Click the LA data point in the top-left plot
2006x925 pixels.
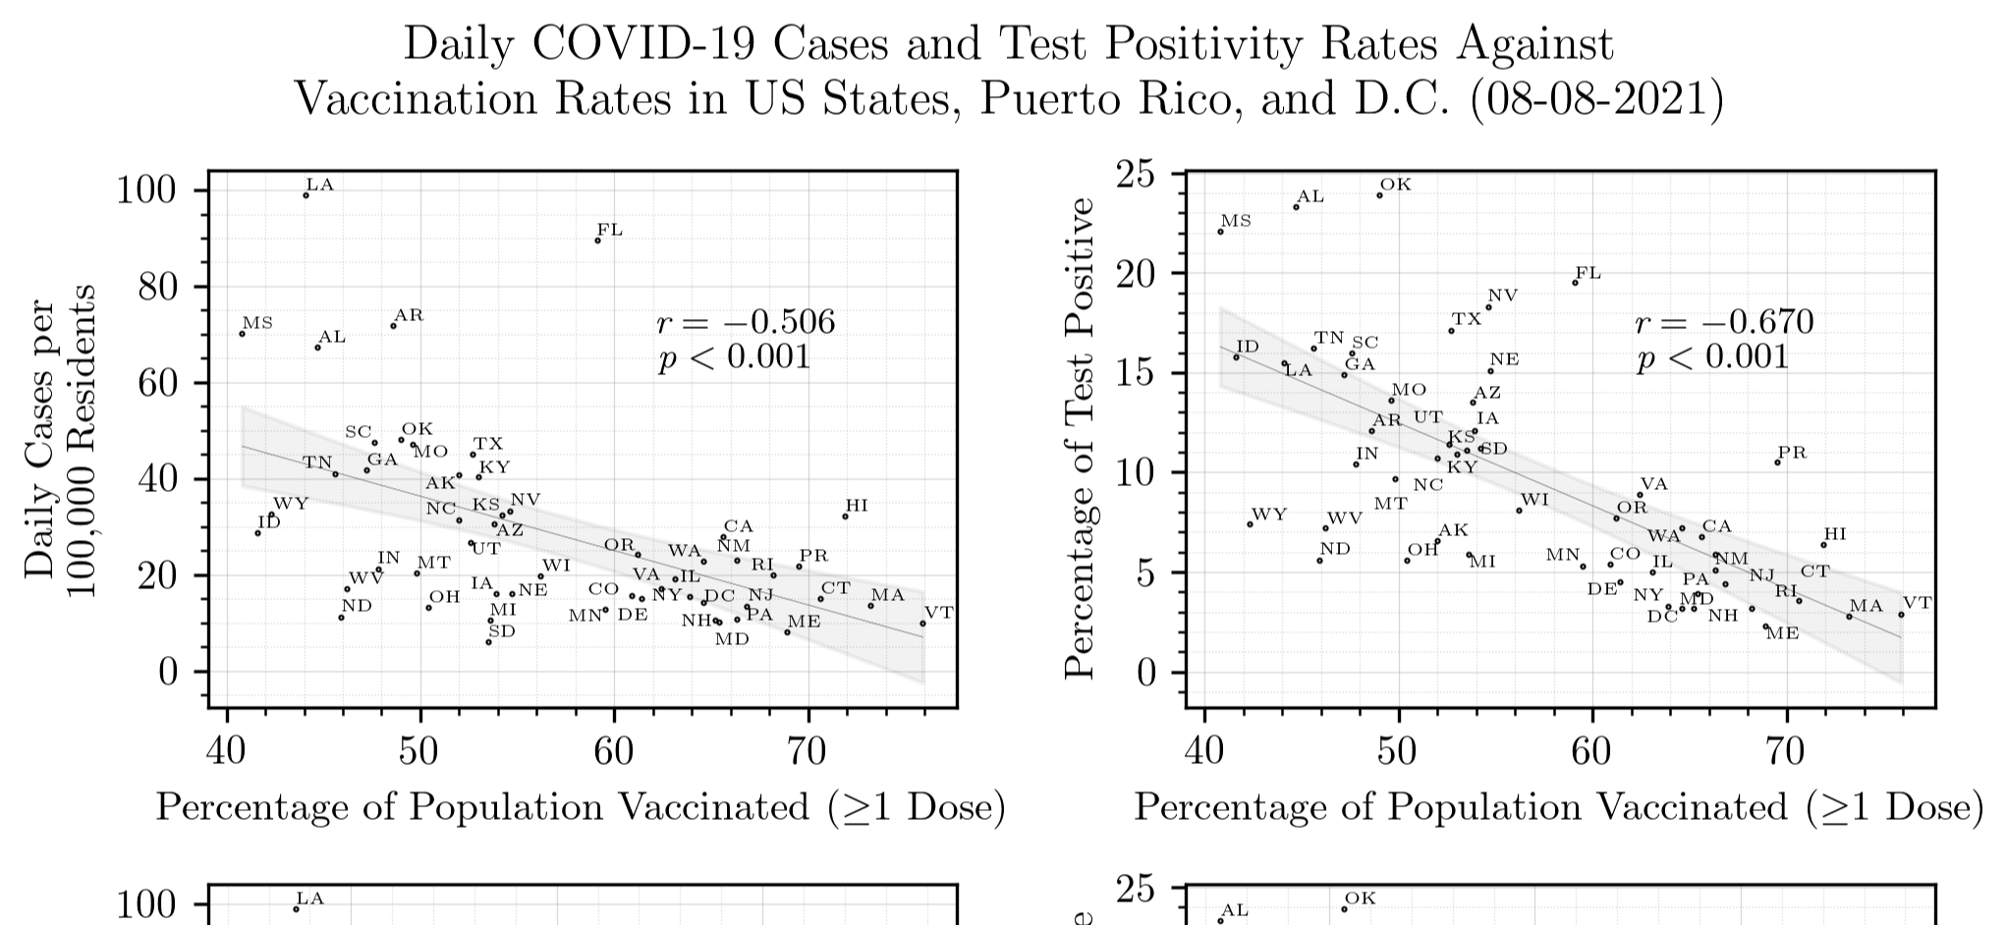point(306,195)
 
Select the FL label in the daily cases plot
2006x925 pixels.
point(610,231)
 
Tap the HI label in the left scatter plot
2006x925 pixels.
point(857,506)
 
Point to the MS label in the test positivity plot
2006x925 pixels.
point(1236,221)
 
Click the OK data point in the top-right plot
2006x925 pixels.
point(1379,195)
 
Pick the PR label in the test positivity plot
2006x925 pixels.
point(1792,453)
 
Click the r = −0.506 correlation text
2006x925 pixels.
point(745,322)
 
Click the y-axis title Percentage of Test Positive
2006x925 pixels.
point(1081,437)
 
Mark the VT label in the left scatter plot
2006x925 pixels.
point(939,613)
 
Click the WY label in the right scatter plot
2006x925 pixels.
point(1269,515)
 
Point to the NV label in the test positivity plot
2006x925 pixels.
point(1503,296)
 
